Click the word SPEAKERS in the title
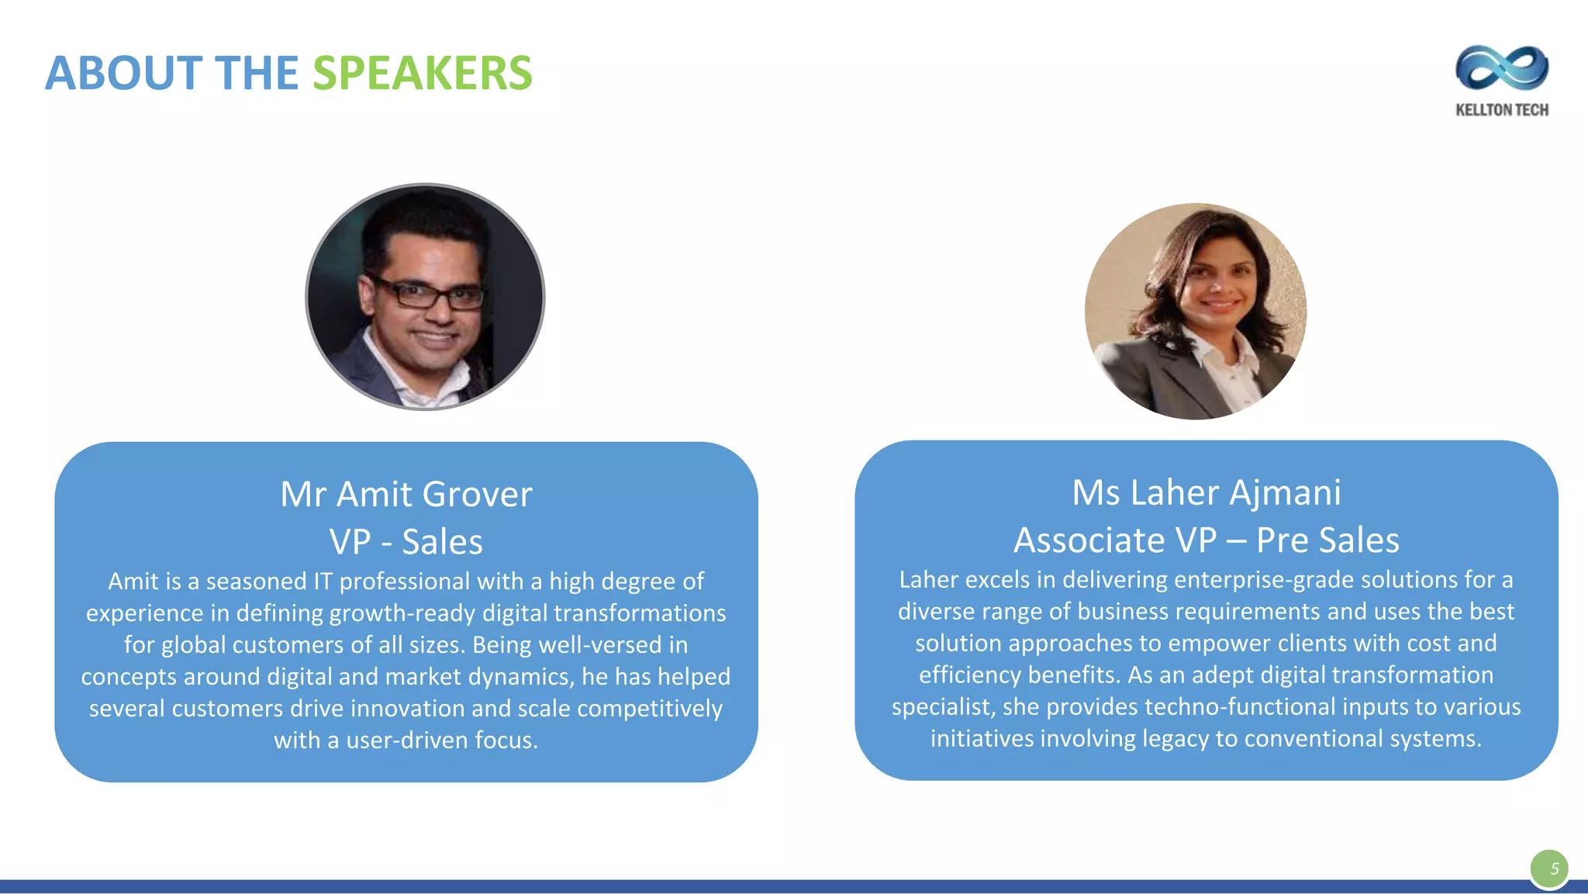(423, 74)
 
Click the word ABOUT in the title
(124, 74)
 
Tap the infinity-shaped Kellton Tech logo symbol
(1502, 68)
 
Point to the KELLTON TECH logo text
(1502, 110)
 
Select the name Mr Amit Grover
(406, 494)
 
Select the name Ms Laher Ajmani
(1207, 492)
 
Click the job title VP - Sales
(406, 541)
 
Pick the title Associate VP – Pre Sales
(1207, 540)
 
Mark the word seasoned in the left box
(256, 582)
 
